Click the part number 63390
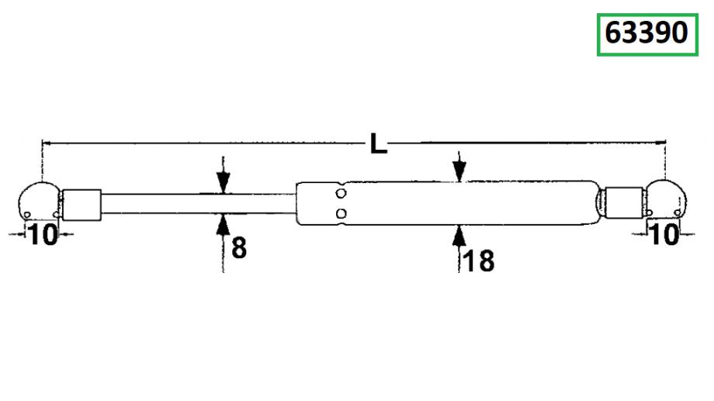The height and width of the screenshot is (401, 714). coord(646,33)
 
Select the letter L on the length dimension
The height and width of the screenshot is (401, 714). coord(379,143)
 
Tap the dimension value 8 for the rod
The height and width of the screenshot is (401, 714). coord(239,248)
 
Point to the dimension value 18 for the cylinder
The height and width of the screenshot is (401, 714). coord(479,261)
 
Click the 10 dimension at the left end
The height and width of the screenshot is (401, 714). coord(43,234)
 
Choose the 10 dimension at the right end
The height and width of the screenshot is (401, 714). coord(665,234)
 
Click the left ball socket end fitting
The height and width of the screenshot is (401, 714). coord(39,201)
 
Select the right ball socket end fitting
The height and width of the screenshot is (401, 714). coord(665,199)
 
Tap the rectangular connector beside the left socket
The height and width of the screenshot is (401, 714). coord(81,205)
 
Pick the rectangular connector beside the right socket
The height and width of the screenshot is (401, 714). coord(624,202)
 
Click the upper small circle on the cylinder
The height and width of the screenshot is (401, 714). coord(341,193)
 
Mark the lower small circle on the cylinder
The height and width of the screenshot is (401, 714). coord(341,213)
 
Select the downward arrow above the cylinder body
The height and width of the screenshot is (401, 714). coord(459,167)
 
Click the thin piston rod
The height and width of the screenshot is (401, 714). coord(199,203)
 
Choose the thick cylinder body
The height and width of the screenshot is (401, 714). coord(449,203)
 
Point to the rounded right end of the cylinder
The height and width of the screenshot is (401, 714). coord(598,203)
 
